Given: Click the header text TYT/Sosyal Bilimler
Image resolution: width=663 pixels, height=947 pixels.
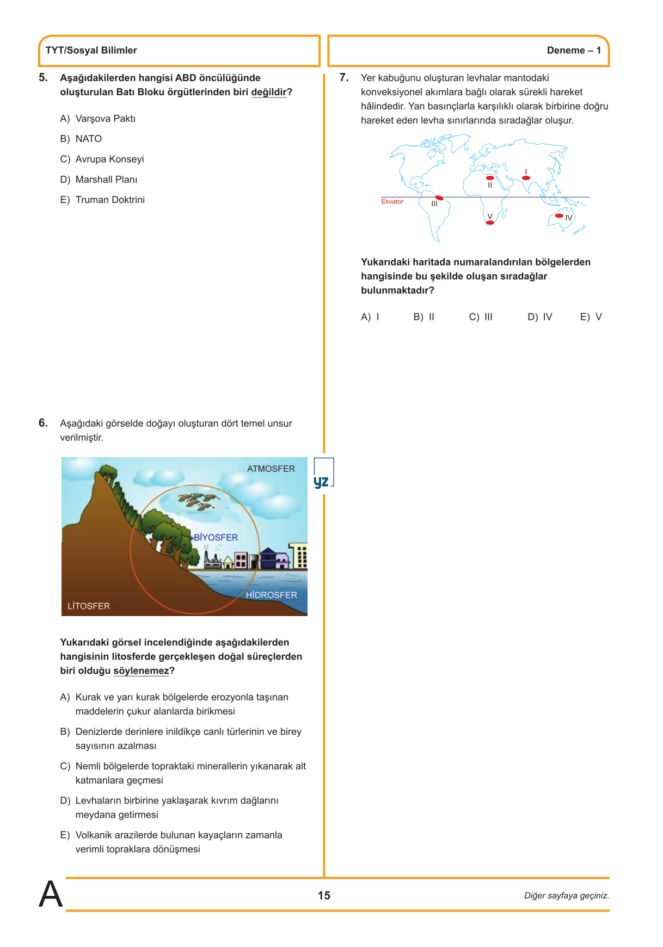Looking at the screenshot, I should tap(91, 51).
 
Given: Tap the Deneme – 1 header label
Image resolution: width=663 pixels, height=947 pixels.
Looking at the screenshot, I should tap(574, 51).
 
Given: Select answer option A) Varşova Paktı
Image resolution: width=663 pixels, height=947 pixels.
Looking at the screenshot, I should tap(99, 119).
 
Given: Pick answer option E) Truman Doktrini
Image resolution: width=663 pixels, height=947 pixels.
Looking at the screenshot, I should tap(103, 200).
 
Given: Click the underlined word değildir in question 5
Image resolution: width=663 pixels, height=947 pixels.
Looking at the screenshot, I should tap(268, 93).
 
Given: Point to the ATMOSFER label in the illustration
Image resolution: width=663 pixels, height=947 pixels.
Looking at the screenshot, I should tap(271, 469).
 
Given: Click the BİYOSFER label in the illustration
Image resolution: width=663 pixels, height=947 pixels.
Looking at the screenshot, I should tap(216, 537).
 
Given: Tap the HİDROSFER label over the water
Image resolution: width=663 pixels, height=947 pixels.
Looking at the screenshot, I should tap(271, 595).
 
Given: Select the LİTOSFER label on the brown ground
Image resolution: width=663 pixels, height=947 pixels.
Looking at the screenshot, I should tap(89, 606).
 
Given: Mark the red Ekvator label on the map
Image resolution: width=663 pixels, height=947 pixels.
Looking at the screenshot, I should tap(392, 201).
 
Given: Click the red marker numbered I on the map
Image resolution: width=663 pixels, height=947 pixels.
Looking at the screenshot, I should tap(526, 178).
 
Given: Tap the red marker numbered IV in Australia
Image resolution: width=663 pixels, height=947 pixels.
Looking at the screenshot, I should tap(559, 216).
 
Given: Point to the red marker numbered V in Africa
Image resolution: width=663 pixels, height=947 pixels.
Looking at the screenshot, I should tap(490, 223).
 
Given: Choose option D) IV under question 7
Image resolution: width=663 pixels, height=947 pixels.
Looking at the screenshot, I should tap(539, 317).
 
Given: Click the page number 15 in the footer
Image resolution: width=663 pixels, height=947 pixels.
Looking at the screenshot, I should tap(324, 895).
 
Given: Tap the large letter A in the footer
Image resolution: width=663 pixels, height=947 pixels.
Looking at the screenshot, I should tap(51, 894).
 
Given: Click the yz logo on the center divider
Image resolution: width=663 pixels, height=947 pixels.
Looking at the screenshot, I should tap(322, 482).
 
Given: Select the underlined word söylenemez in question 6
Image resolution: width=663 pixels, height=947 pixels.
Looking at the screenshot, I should tap(141, 671).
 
